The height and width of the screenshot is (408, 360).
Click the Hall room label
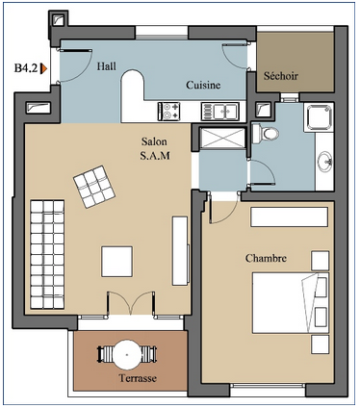tap(107, 66)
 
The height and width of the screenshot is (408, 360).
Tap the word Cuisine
tap(203, 85)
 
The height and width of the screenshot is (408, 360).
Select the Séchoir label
tap(281, 76)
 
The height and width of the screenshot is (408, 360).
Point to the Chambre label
tap(266, 258)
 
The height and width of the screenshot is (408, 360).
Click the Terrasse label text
tap(138, 378)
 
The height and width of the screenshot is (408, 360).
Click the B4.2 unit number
tap(26, 68)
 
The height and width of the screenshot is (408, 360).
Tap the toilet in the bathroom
tap(265, 134)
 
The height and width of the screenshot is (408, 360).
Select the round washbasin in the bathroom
tap(325, 160)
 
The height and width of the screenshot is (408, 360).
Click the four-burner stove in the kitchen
tap(168, 112)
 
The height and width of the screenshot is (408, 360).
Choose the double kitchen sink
tap(220, 112)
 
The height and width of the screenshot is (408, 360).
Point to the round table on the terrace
tap(127, 354)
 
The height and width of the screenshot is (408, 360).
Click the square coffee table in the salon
tap(117, 262)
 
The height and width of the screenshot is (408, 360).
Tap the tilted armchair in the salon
tap(94, 187)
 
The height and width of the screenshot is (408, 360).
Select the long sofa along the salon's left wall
tap(47, 254)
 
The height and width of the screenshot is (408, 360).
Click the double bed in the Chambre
tap(291, 303)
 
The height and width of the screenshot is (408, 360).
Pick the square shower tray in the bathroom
tap(319, 117)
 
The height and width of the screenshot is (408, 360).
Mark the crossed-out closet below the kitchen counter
tap(222, 139)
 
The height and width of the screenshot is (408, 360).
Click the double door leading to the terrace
tap(131, 303)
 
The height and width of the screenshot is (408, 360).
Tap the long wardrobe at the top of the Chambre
tap(289, 217)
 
